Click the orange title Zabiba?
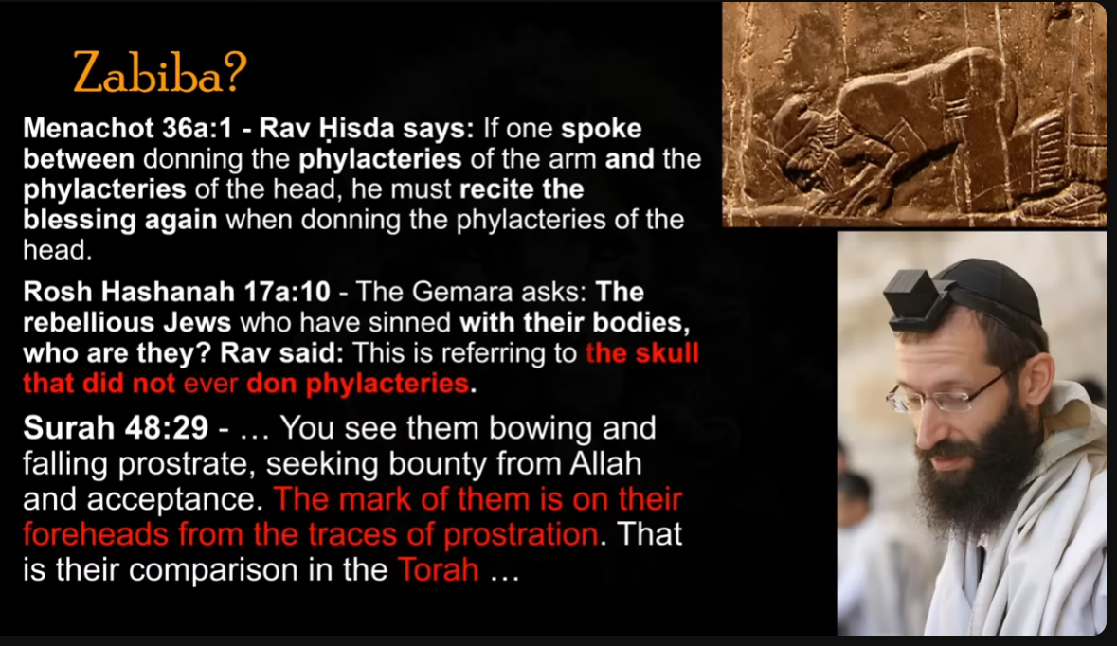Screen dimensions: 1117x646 click(x=160, y=72)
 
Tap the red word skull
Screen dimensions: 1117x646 click(x=670, y=353)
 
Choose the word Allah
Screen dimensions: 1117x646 click(x=605, y=464)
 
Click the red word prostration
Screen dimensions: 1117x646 click(x=521, y=535)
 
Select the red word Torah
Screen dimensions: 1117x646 click(x=438, y=570)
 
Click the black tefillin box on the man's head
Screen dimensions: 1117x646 click(x=917, y=298)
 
